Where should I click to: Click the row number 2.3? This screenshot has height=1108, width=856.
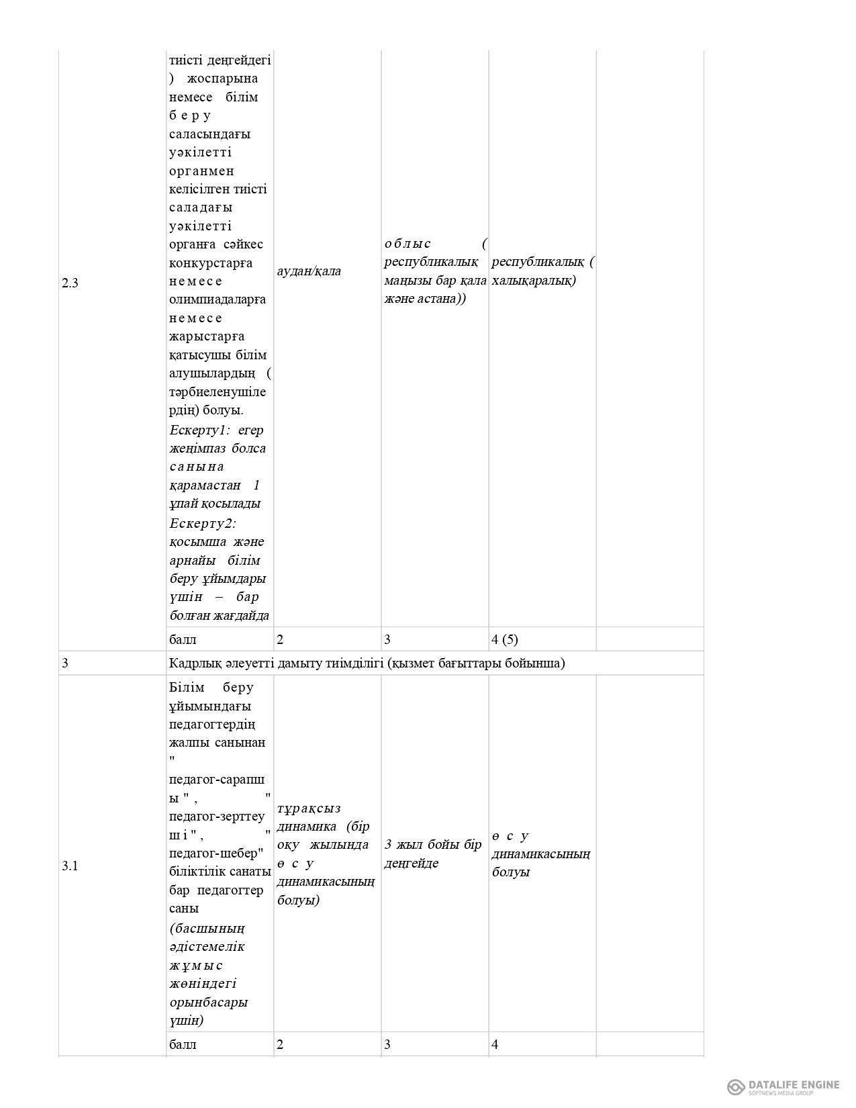(x=70, y=283)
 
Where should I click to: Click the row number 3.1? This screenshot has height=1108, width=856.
(x=70, y=866)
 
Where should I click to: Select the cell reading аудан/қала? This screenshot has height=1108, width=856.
(x=309, y=271)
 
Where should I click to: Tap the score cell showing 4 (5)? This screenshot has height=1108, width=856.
(x=505, y=639)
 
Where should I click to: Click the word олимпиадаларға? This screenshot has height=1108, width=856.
(x=218, y=299)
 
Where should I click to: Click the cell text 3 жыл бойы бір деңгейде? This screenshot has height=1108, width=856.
(x=433, y=853)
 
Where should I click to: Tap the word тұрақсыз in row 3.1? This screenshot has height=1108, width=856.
(x=309, y=808)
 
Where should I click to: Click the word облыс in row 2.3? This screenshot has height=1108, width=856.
(x=408, y=243)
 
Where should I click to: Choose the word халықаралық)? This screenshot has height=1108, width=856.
(x=534, y=280)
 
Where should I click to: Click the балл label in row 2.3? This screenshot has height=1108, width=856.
(x=183, y=639)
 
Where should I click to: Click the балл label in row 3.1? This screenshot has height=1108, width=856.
(x=183, y=1044)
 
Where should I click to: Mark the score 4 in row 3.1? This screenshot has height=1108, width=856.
(x=495, y=1044)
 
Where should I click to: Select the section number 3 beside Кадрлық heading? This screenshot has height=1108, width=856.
(x=65, y=663)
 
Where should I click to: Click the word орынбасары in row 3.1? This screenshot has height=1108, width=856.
(x=209, y=1002)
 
